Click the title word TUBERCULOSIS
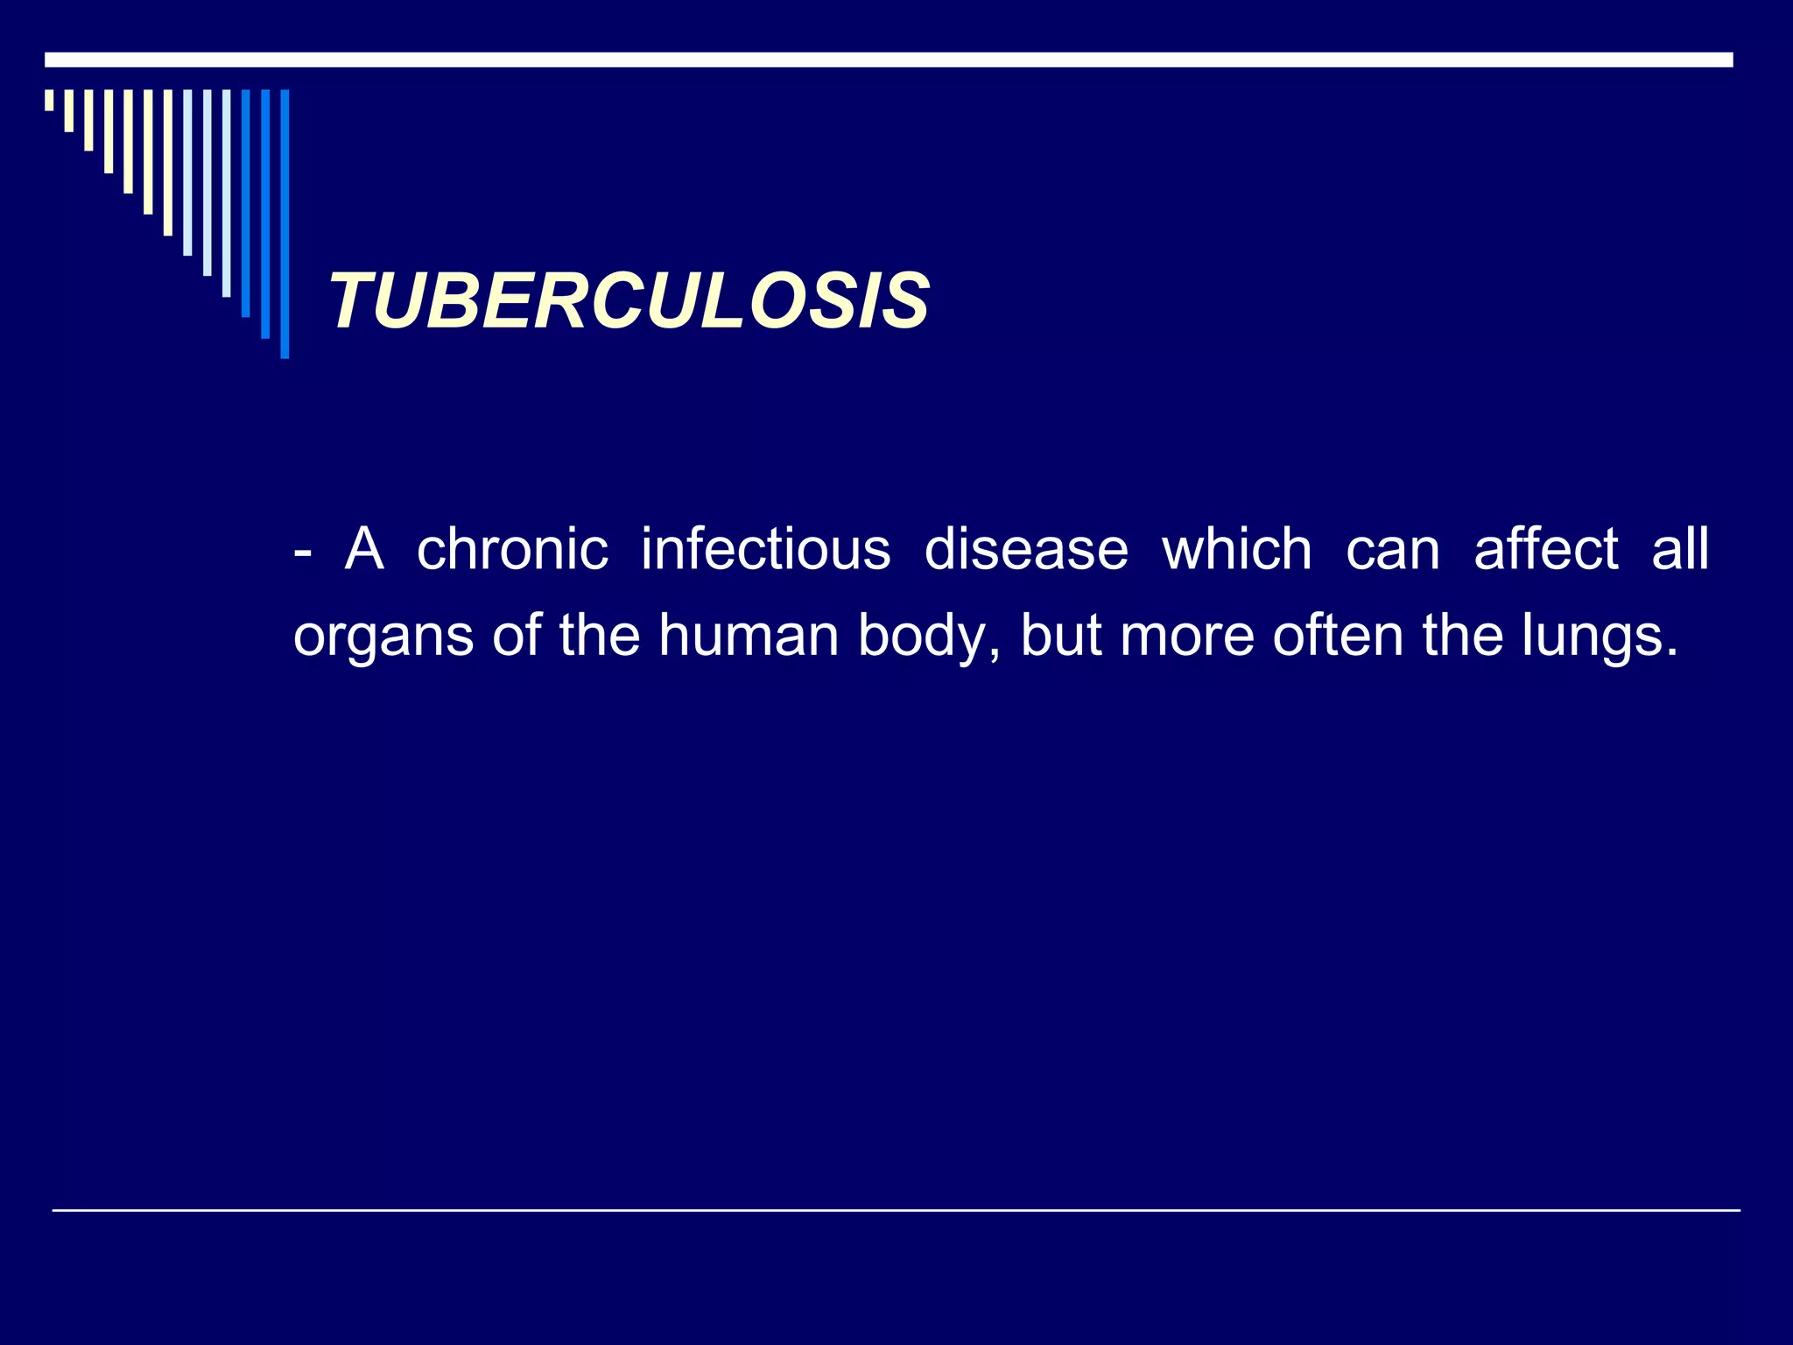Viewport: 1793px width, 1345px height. (x=629, y=301)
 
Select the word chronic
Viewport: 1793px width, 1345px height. (x=512, y=550)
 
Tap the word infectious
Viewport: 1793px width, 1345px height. (x=765, y=550)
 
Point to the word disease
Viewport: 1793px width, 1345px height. (x=1026, y=550)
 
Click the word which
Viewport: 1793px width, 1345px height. (x=1236, y=550)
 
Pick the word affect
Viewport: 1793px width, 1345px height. (x=1546, y=550)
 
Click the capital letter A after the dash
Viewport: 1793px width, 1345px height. (x=364, y=550)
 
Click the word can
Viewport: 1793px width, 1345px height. (x=1392, y=552)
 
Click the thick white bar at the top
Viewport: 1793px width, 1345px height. (x=888, y=60)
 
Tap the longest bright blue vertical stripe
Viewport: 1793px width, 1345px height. (x=285, y=223)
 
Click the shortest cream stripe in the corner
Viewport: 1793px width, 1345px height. (x=49, y=100)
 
